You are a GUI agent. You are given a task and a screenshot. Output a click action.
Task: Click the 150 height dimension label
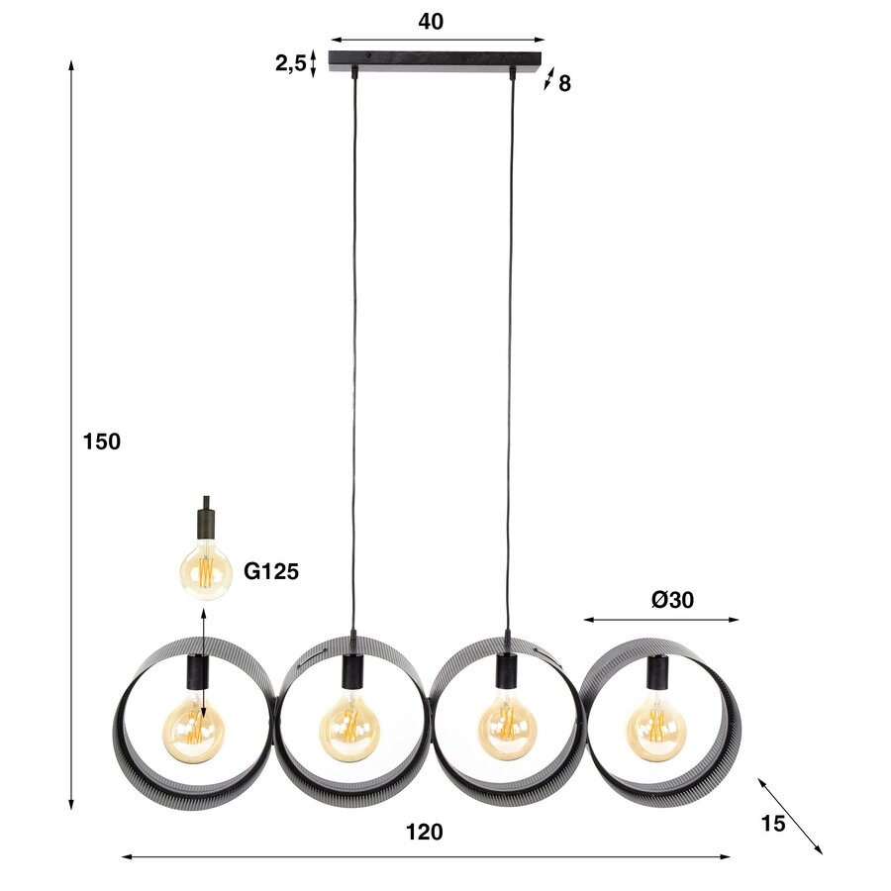coord(101,442)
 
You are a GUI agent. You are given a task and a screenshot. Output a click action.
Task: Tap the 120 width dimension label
coord(425,833)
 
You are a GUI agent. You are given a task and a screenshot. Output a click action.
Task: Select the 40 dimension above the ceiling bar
coord(431,22)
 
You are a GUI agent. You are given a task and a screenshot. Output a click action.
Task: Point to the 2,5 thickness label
coord(290,63)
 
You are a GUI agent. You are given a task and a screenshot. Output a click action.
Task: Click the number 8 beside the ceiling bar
coord(564,84)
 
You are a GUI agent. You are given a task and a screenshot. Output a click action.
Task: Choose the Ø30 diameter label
coord(672,600)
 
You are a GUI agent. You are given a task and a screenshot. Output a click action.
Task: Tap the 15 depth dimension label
coord(773,823)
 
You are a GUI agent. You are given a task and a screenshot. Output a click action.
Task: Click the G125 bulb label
coord(271,571)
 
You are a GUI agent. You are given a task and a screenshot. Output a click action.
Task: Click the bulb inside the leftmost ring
coord(194,731)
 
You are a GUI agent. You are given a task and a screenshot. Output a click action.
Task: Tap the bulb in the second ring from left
coord(348,731)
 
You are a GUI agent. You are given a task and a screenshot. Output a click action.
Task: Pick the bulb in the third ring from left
coord(508,731)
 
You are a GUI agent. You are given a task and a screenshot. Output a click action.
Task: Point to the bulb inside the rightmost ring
coord(656,731)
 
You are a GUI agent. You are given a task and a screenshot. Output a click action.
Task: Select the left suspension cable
coord(354,346)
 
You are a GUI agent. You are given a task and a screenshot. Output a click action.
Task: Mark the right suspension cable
coord(511,346)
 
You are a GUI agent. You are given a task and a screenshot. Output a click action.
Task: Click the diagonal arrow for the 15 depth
coord(790,815)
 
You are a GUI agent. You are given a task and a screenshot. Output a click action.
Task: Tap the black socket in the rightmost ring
coord(656,673)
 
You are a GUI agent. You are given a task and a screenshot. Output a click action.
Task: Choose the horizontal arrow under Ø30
coord(660,621)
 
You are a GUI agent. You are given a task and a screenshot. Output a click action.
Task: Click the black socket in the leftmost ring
coord(195,673)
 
